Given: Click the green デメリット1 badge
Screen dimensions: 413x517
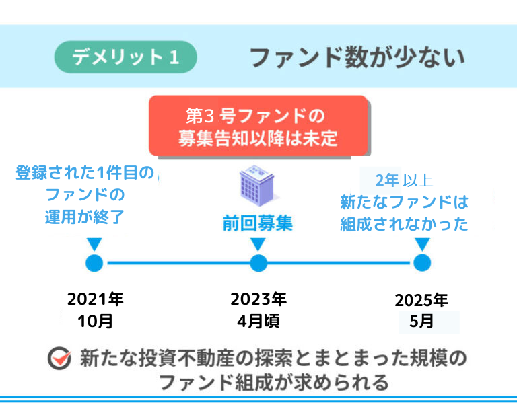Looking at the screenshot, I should (125, 57).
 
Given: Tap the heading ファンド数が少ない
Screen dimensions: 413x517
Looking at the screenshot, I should (357, 57).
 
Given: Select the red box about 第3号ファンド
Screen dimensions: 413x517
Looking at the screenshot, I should (258, 126).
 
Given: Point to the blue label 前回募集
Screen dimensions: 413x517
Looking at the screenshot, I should (258, 223).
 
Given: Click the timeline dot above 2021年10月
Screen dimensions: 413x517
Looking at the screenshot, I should (95, 263).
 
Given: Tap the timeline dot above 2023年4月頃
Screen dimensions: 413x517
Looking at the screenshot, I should (258, 263).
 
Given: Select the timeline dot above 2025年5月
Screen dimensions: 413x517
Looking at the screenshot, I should (422, 263).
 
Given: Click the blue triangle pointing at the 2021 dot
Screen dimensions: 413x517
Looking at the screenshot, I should (95, 243).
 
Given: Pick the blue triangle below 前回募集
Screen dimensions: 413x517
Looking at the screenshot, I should (258, 243).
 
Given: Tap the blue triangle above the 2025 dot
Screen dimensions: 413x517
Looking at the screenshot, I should (422, 243).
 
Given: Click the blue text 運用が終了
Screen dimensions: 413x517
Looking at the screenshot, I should (85, 218).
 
